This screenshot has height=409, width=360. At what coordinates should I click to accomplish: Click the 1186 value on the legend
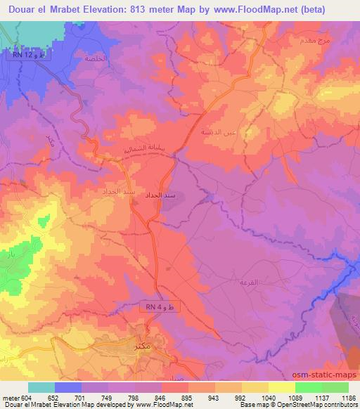[348, 398]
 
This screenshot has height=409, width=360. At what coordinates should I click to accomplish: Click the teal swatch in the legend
[41, 387]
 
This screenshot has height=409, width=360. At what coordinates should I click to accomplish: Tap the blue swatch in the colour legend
[67, 387]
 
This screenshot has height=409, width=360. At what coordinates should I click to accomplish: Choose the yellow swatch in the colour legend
[281, 387]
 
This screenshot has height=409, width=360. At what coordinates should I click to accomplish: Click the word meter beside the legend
[11, 398]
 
